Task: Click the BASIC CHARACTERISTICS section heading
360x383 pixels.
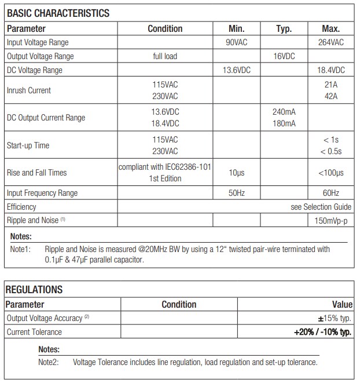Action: (x=58, y=13)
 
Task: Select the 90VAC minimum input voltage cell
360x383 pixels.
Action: (x=237, y=42)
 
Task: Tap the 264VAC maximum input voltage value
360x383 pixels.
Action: (x=330, y=42)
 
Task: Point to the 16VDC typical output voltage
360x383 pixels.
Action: (x=284, y=56)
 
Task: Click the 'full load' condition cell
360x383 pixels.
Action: (x=165, y=56)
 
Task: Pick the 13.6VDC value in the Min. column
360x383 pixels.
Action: (x=237, y=70)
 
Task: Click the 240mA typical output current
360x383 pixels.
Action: (x=284, y=112)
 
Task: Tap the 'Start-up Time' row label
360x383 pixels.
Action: (x=28, y=145)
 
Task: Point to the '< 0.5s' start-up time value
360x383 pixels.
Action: (x=330, y=151)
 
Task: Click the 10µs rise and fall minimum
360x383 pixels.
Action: (x=237, y=173)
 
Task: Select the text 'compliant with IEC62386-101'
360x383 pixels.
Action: (x=165, y=167)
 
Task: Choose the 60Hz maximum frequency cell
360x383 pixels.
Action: (x=330, y=193)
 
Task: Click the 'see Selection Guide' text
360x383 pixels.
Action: (x=321, y=207)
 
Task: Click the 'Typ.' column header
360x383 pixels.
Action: (x=284, y=28)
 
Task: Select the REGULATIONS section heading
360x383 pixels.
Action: (x=34, y=290)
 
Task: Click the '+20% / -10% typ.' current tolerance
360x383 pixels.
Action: (x=322, y=332)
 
